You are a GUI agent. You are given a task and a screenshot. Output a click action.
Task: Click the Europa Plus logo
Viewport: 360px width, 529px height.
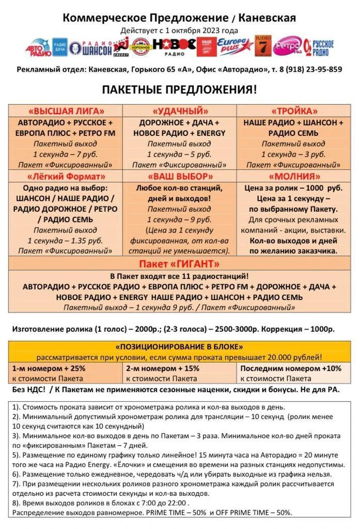click(235, 46)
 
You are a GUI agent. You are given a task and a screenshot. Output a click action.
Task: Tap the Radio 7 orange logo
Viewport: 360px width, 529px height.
click(262, 46)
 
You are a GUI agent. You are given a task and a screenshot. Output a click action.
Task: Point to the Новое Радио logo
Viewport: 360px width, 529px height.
click(174, 46)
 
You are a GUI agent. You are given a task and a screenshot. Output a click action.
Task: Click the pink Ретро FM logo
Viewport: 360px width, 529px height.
click(287, 46)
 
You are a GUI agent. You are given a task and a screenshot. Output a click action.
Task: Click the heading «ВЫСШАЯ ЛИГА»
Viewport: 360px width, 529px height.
click(65, 111)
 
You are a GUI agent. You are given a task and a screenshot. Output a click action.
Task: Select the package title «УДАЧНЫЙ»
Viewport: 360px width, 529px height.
click(180, 111)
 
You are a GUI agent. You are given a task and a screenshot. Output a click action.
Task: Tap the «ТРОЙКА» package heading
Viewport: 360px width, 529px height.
click(293, 111)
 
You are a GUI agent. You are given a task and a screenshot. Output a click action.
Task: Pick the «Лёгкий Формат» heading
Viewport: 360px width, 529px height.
click(65, 177)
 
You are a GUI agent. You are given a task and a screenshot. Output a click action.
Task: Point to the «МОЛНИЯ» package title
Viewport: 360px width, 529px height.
click(293, 177)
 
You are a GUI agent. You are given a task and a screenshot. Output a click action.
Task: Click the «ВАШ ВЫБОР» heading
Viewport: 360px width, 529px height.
click(180, 177)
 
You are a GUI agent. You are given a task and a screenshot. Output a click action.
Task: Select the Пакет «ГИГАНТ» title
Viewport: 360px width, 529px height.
click(179, 264)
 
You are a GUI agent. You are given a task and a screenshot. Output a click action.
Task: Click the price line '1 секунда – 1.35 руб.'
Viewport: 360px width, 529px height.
click(65, 240)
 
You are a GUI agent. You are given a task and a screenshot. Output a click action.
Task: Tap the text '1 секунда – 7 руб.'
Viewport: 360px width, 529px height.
click(65, 154)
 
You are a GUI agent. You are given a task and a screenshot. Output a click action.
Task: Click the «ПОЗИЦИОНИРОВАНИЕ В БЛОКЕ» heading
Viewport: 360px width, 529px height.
click(180, 347)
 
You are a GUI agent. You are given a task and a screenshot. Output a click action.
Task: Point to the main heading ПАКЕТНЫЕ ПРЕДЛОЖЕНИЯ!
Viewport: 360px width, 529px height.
click(179, 89)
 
